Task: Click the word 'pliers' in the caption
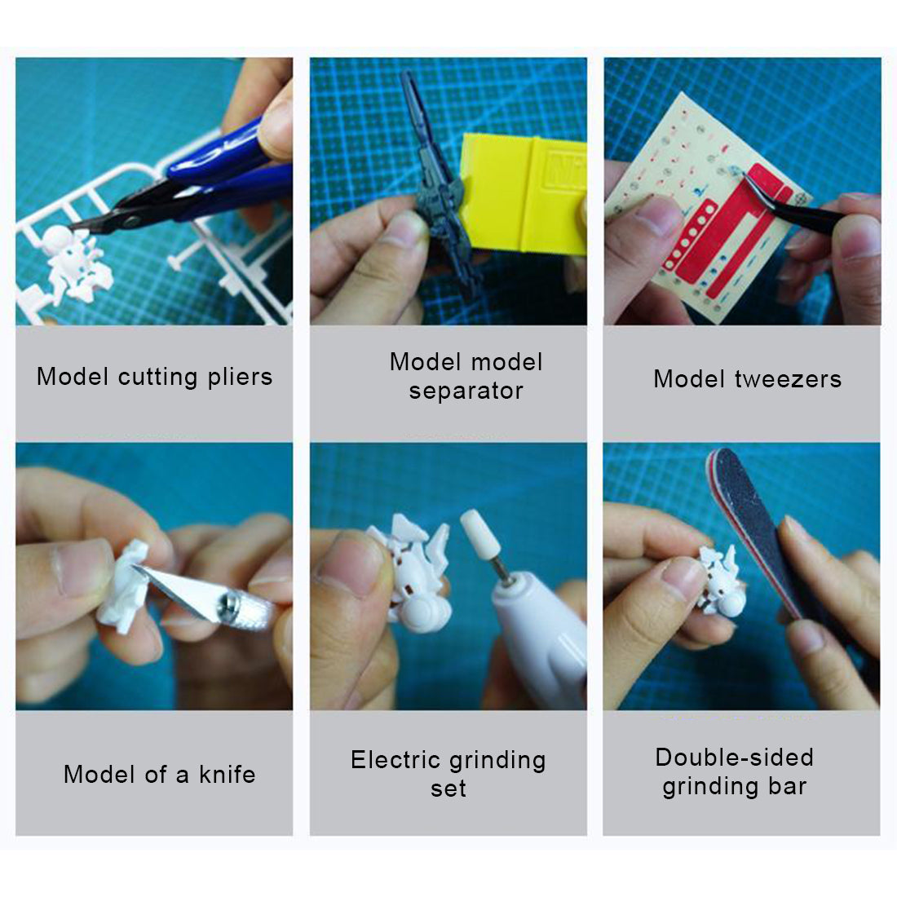[x=240, y=378]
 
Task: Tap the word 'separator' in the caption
[x=466, y=391]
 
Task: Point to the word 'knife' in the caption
[x=227, y=775]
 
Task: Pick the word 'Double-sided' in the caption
[x=734, y=758]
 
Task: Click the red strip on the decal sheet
[x=734, y=236]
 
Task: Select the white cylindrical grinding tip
[x=480, y=542]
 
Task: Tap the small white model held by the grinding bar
[x=722, y=587]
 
